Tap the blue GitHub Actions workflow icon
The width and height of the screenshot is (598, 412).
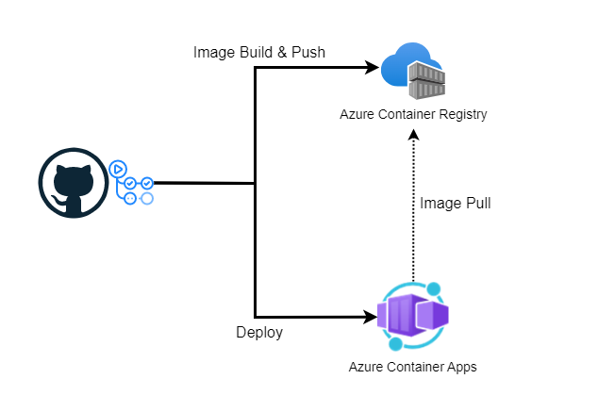click(x=131, y=183)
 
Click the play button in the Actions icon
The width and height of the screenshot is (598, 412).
click(x=118, y=170)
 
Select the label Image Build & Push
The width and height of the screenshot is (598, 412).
click(x=258, y=53)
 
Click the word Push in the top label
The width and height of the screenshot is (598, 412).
click(x=307, y=53)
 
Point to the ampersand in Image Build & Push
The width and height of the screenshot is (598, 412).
click(x=280, y=53)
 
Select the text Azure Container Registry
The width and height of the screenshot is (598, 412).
click(x=413, y=114)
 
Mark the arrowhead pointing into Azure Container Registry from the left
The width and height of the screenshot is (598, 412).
click(x=371, y=68)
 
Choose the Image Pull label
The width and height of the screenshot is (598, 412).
click(x=455, y=203)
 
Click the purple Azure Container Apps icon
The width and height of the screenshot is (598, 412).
click(x=412, y=315)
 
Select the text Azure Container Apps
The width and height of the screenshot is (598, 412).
click(x=412, y=367)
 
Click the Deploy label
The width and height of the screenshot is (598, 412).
click(x=258, y=333)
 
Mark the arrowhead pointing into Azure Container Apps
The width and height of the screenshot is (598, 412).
click(x=371, y=316)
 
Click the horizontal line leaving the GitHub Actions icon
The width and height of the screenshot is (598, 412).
click(x=203, y=183)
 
